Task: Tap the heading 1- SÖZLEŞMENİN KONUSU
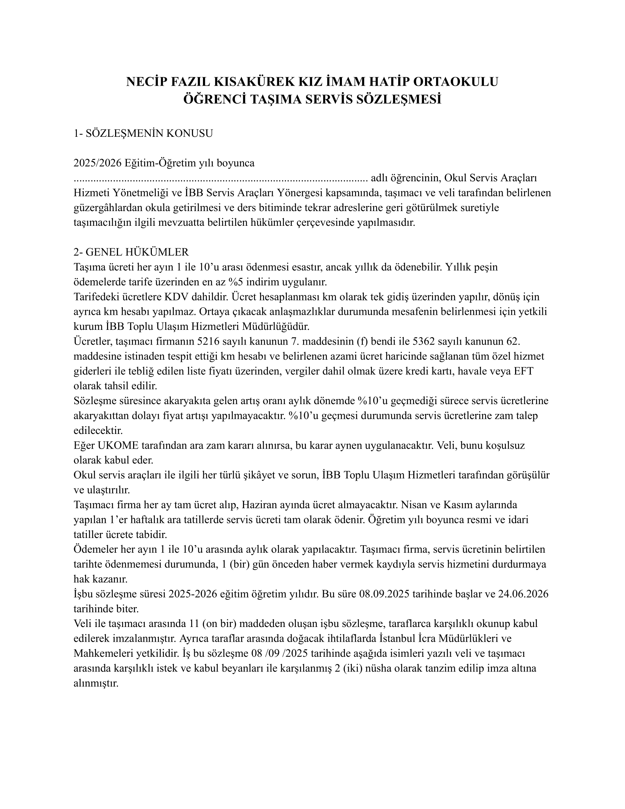[143, 133]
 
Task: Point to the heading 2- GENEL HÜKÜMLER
[131, 252]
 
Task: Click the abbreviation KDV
[177, 297]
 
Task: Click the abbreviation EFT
[523, 371]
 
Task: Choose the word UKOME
[117, 445]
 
